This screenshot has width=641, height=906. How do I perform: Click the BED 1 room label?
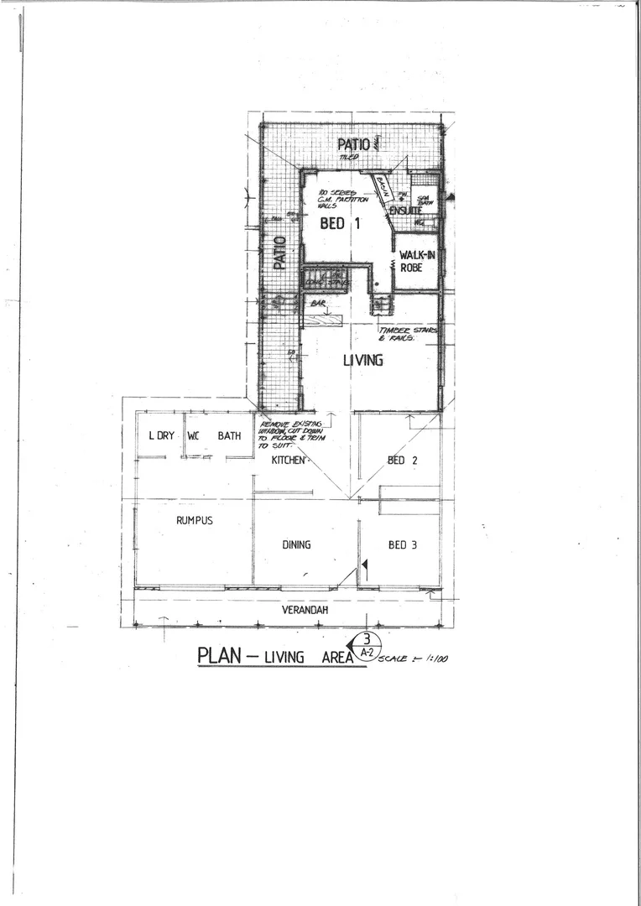tap(340, 224)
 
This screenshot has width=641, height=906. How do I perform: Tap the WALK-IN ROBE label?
tap(415, 261)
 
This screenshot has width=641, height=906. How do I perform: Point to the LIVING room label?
tap(362, 360)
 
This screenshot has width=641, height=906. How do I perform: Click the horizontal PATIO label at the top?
tap(353, 144)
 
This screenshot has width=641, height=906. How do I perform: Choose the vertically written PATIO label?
tap(280, 253)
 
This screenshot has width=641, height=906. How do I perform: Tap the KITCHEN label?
tap(288, 461)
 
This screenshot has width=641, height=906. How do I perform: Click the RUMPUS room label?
tap(195, 520)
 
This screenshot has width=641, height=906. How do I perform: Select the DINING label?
tap(296, 544)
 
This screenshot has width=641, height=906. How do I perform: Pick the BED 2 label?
tap(397, 460)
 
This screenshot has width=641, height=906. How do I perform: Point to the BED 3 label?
tap(402, 544)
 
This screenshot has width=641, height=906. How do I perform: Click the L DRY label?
tap(161, 435)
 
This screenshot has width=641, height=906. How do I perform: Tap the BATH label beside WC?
tap(229, 435)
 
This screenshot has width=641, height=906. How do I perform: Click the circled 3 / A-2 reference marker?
tap(366, 645)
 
